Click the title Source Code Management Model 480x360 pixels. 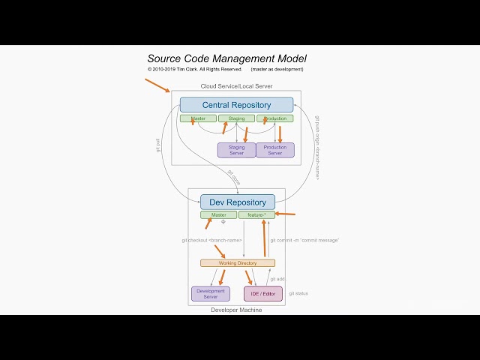coord(226,58)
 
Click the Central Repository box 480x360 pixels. coord(236,105)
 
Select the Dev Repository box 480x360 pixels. coord(237,202)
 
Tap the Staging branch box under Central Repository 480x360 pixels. coord(236,118)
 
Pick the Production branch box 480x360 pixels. coord(275,118)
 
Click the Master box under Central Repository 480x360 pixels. coord(198,118)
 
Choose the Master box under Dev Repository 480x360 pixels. coord(218,214)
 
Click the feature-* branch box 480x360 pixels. coord(256,214)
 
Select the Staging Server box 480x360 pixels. coord(236,150)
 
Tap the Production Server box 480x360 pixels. coord(275,150)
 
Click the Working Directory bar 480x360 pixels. coord(237,263)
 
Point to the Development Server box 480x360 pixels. coord(210,293)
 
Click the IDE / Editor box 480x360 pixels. coord(262,293)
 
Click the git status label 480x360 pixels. coord(298,293)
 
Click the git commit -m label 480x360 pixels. coord(304,240)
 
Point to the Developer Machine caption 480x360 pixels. coord(236,310)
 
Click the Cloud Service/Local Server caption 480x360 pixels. coord(236,86)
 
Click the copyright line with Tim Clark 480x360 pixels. coord(195,69)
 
